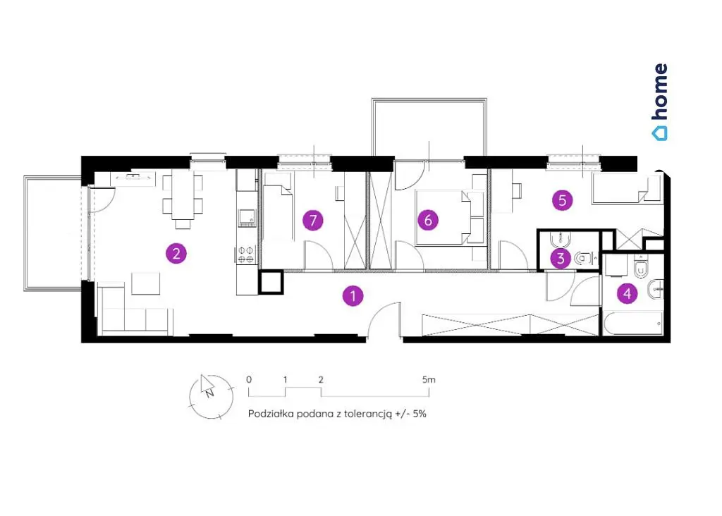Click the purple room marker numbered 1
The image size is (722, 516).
click(353, 295)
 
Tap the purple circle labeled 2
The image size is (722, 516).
click(176, 253)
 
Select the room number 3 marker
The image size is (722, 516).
click(561, 258)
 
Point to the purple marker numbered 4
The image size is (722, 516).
click(627, 293)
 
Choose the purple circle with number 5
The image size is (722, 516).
click(562, 200)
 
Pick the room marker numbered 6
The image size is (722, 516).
click(428, 220)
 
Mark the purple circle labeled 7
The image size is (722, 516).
click(313, 221)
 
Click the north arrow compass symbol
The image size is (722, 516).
click(211, 396)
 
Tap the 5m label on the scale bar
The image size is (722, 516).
click(429, 380)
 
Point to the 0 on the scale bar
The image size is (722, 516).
click(249, 380)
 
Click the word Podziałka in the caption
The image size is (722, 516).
click(271, 413)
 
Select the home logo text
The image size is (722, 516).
click(660, 102)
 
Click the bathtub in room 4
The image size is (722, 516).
click(633, 324)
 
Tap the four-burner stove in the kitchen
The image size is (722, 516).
click(246, 254)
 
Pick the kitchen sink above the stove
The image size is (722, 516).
click(247, 217)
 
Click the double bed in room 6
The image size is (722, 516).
click(443, 217)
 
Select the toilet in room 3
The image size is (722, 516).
click(583, 259)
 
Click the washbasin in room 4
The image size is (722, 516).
click(655, 290)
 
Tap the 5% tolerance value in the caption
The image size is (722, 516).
click(420, 413)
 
